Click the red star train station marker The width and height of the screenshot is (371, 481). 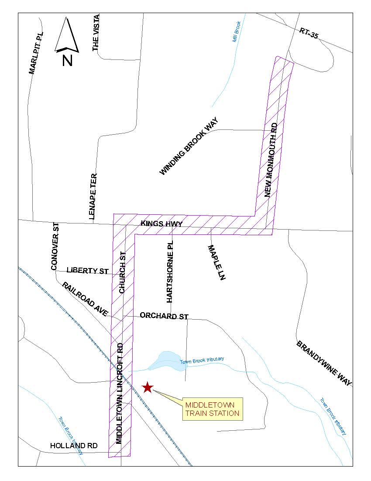[x=148, y=387]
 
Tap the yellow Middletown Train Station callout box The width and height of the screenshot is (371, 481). [x=212, y=409]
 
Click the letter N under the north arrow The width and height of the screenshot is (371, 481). [x=67, y=60]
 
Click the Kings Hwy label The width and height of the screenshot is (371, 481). [x=161, y=224]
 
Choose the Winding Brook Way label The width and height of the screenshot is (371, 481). [x=189, y=146]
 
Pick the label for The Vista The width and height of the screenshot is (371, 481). [x=96, y=33]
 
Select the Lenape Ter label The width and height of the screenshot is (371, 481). [x=93, y=196]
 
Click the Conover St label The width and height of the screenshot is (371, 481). [x=55, y=246]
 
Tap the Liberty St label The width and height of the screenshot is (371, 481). [x=87, y=271]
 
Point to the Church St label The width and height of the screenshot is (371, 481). [x=123, y=272]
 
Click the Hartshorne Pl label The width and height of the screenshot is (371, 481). [x=170, y=272]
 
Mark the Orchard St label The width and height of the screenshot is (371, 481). [x=164, y=316]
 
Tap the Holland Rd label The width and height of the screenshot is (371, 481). [x=74, y=446]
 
